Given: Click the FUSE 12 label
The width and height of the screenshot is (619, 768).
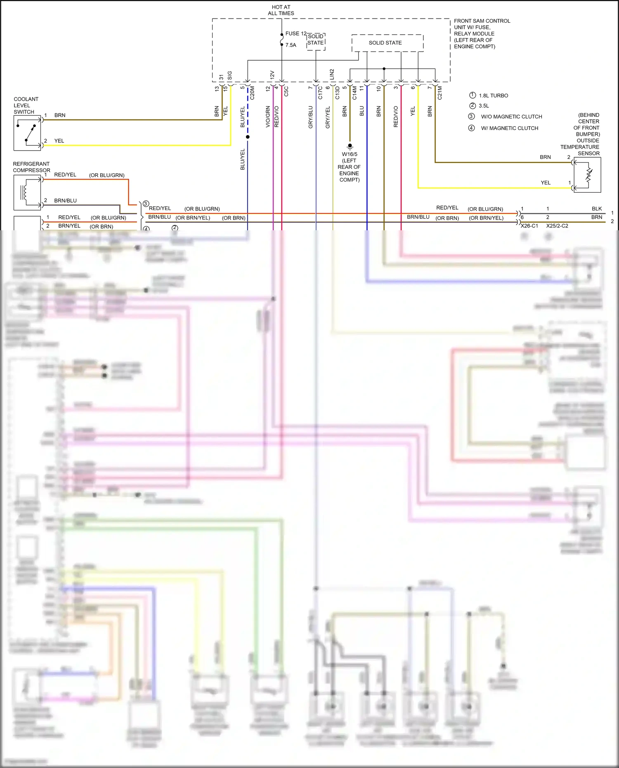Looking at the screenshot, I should pos(295,33).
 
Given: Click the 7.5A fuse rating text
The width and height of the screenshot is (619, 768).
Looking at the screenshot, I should pos(291,45).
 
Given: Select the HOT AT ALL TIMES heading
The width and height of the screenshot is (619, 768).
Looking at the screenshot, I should pos(281,10).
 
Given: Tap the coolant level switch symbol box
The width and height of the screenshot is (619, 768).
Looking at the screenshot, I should pos(27,133).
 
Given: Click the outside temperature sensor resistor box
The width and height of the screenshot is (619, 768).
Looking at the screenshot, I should pos(587,175).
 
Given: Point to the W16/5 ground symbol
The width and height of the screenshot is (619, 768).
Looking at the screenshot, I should pos(350,146).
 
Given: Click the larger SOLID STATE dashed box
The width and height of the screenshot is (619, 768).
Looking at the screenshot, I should pos(387,43).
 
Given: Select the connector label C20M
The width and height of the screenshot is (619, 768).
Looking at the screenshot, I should pos(252,93).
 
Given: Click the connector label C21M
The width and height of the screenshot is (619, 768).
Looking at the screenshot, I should pos(439,93).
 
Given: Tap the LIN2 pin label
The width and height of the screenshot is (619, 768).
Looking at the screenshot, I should pos(332,75).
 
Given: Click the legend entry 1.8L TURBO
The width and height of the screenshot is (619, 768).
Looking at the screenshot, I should pos(493,95).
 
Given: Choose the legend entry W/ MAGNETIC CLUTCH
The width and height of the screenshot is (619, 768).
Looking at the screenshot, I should pos(509,128).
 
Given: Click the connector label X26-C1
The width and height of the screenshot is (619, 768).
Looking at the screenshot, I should pos(529,226).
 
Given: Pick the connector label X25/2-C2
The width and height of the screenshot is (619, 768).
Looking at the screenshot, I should pos(557,226).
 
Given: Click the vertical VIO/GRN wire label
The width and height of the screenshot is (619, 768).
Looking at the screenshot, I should pos(267,116).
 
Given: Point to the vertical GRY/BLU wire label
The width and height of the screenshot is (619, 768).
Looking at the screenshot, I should pos(310,117).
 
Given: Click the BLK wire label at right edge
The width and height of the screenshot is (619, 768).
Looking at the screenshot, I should pos(596,208).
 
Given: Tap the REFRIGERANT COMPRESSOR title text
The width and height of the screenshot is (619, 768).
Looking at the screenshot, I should pos(31,167).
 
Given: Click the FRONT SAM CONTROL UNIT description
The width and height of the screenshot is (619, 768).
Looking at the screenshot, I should pos(482,33).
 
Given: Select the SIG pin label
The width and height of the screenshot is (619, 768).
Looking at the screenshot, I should pos(229,76).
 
